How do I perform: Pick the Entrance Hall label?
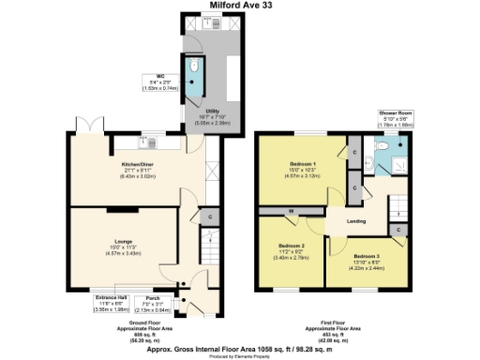112,303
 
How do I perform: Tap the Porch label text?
153,300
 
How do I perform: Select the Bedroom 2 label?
292,247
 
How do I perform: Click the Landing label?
356,220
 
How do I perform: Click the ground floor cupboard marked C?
210,218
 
